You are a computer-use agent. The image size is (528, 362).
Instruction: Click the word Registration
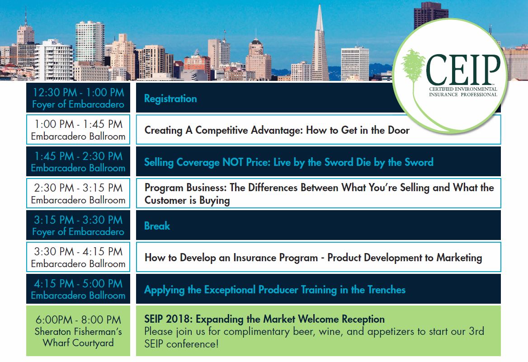[x=170, y=99]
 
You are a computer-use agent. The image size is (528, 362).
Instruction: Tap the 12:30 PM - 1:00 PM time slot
[x=79, y=92]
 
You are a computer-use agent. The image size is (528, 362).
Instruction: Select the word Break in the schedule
[x=157, y=226]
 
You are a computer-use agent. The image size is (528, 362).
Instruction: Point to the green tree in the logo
[x=413, y=67]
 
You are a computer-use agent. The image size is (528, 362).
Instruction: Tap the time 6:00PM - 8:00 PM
[x=79, y=320]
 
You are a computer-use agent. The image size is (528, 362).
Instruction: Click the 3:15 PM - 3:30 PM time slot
[x=79, y=220]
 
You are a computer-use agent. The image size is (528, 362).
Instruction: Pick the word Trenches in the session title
[x=386, y=290]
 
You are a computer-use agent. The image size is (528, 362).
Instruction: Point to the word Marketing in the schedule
[x=459, y=258]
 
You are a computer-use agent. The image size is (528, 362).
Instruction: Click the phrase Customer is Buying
[x=187, y=200]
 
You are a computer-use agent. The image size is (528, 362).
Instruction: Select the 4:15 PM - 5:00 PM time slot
[x=79, y=283]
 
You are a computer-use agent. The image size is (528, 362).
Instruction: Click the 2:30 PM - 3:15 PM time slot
[x=79, y=188]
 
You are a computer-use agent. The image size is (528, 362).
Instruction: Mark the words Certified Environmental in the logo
[x=463, y=89]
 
